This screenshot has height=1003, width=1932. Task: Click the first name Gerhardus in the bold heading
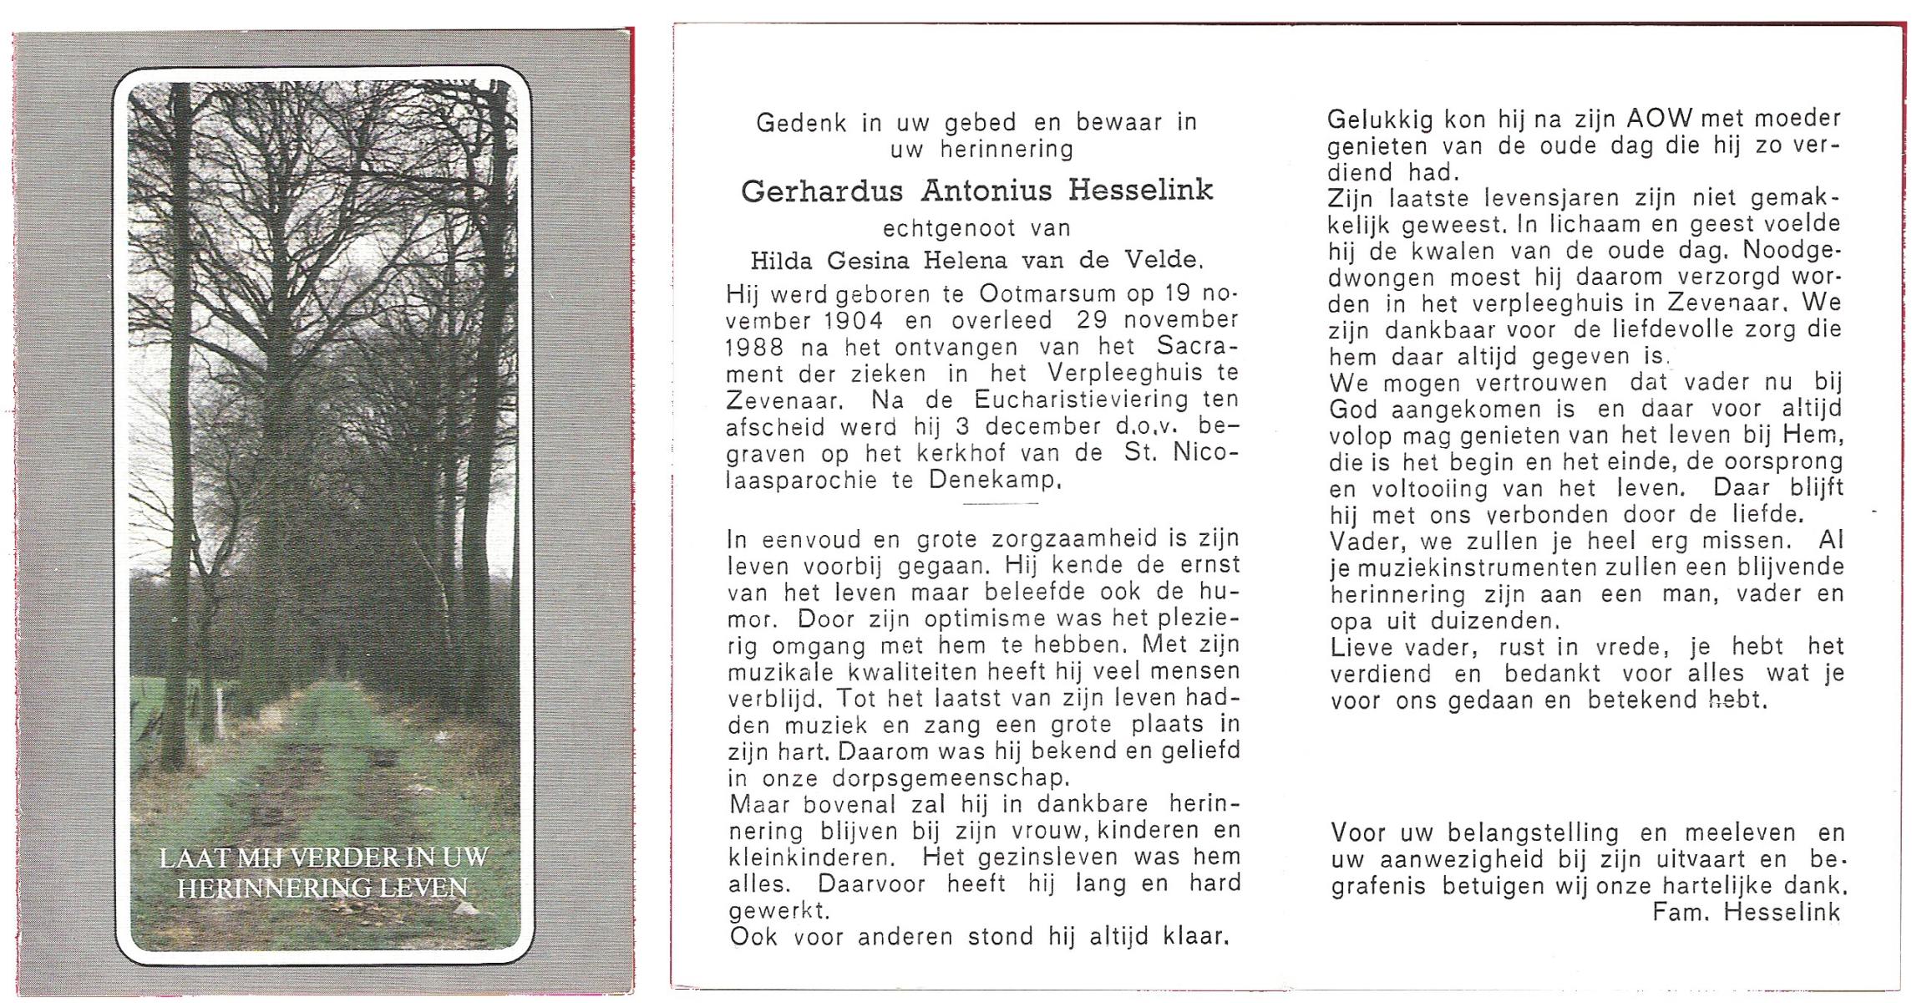coord(822,191)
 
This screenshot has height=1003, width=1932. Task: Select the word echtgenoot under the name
coord(937,228)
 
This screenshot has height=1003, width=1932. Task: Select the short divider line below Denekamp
coord(1000,504)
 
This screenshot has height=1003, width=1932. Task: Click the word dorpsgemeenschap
coord(951,778)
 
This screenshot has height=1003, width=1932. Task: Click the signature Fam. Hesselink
coord(1746,913)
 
